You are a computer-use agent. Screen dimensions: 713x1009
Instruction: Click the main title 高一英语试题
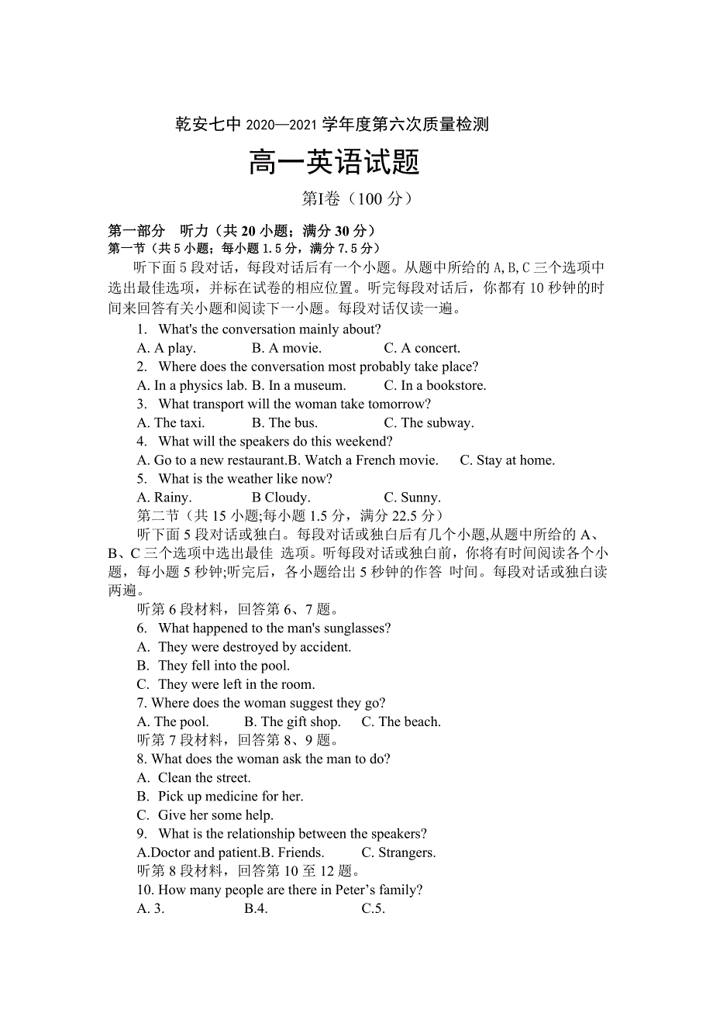(x=334, y=163)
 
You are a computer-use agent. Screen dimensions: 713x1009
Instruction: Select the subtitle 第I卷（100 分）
(x=356, y=199)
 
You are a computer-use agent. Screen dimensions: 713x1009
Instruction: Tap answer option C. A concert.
(x=422, y=348)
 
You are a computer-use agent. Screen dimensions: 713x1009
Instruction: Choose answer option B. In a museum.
(x=298, y=385)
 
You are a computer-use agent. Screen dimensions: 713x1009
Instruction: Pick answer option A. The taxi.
(x=170, y=422)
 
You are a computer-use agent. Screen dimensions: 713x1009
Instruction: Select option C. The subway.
(x=429, y=422)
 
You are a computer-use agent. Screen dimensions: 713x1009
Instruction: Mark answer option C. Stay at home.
(x=507, y=460)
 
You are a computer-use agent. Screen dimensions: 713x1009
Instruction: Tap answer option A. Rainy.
(x=164, y=498)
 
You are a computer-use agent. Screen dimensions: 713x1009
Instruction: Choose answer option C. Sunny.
(x=412, y=498)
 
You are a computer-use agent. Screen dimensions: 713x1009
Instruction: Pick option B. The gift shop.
(x=292, y=721)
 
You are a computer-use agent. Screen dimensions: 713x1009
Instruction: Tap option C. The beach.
(x=401, y=721)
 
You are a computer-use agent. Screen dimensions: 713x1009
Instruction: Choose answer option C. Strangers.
(x=398, y=852)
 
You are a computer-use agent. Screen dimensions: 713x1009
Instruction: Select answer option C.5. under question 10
(x=373, y=908)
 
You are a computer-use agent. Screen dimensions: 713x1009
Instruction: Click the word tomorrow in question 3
(x=401, y=404)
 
